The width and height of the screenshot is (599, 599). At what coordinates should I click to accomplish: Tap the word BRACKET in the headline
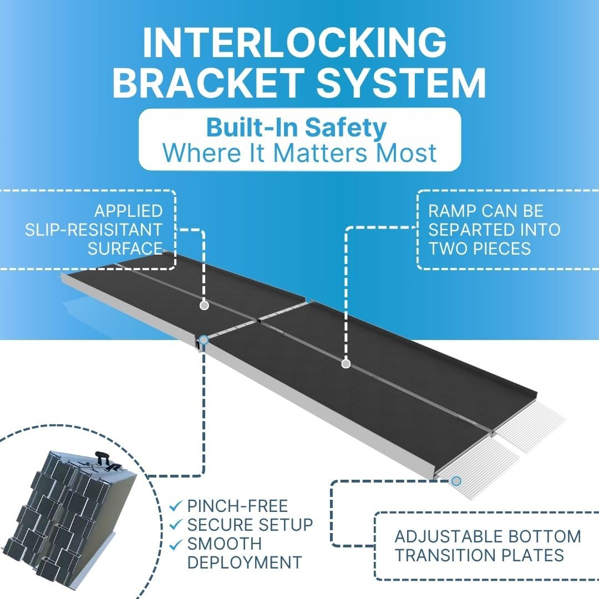(x=209, y=82)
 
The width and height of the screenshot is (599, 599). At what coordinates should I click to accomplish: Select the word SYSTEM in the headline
(x=401, y=82)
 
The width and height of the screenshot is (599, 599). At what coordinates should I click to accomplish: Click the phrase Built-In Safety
(x=296, y=128)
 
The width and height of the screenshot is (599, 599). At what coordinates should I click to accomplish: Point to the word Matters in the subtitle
(x=320, y=153)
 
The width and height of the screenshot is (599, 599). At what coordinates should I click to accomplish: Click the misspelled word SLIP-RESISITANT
(x=94, y=230)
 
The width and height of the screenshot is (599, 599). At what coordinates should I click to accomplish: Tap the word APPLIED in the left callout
(x=129, y=211)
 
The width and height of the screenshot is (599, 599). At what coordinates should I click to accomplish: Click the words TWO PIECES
(x=479, y=248)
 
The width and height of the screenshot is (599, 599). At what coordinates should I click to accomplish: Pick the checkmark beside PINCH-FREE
(x=175, y=506)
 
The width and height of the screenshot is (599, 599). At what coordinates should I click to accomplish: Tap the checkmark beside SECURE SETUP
(x=175, y=525)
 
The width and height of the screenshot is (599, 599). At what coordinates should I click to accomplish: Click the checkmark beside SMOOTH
(x=175, y=544)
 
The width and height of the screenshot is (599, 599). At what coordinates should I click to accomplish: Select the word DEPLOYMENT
(x=245, y=562)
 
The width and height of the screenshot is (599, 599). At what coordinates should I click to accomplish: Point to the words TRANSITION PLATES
(x=479, y=555)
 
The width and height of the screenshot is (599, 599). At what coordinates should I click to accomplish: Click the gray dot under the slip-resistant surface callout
(x=204, y=305)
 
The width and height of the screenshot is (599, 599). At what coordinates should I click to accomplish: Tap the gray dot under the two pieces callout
(x=346, y=364)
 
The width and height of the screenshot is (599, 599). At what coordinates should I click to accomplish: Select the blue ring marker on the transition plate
(x=456, y=481)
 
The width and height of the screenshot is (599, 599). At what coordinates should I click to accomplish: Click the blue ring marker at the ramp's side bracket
(x=204, y=339)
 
